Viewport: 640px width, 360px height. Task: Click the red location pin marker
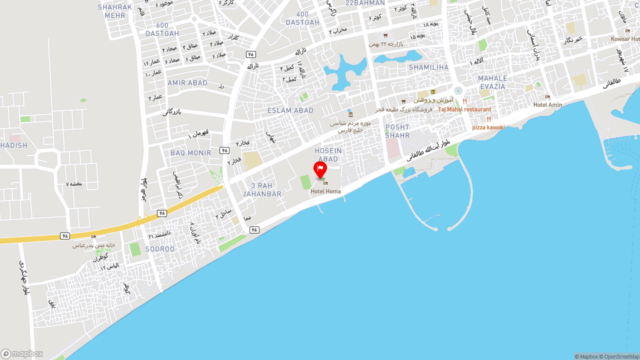(320, 169)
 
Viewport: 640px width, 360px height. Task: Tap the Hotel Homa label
(325, 191)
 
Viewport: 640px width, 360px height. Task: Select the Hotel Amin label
(547, 105)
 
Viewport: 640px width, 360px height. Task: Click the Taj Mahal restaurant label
(464, 109)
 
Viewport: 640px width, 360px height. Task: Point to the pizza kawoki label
(488, 127)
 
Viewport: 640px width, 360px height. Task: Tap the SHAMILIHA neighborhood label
(428, 67)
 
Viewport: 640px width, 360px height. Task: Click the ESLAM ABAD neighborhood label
(290, 110)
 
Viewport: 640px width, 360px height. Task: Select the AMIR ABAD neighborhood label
(187, 83)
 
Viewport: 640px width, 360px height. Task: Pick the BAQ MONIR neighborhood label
(190, 153)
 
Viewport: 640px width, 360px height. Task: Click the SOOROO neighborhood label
(160, 249)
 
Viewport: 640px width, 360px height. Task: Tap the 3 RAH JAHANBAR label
(262, 190)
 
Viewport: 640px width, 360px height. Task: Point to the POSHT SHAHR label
(397, 131)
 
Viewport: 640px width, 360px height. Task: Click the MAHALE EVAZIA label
(492, 82)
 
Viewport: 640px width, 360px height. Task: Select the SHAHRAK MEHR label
(115, 11)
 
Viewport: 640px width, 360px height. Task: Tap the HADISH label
(13, 145)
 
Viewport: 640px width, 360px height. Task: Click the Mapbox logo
(22, 353)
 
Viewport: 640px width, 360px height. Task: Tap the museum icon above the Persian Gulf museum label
(350, 114)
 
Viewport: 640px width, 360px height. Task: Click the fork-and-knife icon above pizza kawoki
(488, 119)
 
